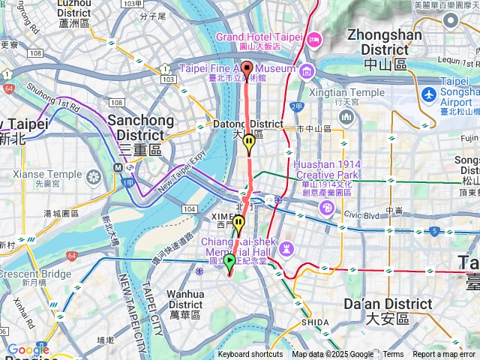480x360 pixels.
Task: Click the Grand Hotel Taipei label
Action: tap(259, 37)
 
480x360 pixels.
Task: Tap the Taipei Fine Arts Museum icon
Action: tap(307, 71)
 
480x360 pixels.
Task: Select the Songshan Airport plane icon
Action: tap(428, 95)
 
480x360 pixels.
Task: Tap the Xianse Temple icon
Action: tap(94, 177)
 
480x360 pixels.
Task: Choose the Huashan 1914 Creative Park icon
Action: tap(327, 206)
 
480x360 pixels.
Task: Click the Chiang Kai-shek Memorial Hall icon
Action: tap(286, 247)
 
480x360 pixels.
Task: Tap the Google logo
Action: tap(28, 349)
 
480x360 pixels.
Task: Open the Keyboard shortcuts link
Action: tap(250, 355)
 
